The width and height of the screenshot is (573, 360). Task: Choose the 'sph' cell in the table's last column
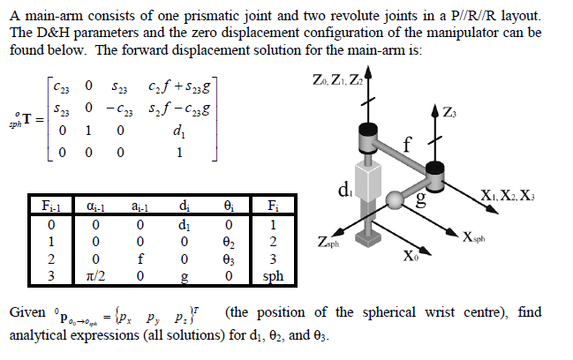[275, 276]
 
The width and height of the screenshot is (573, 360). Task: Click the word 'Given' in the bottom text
[27, 314]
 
